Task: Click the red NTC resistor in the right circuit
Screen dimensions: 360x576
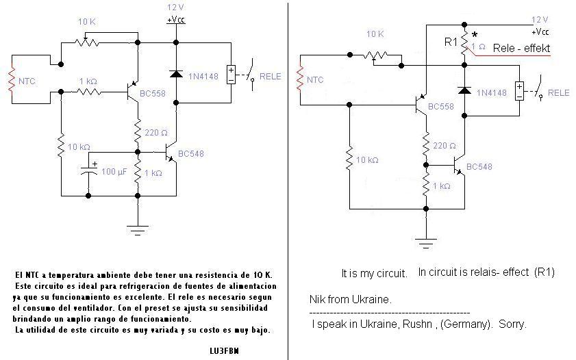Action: pos(299,80)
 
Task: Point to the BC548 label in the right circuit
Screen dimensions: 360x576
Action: pos(479,166)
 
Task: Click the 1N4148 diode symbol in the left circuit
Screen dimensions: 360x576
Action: pos(177,74)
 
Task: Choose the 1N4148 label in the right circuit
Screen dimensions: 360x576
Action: pos(492,92)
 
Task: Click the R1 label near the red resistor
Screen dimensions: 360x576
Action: pos(451,42)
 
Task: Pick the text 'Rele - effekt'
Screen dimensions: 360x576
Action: pos(521,49)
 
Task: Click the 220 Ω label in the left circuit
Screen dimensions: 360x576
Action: pos(156,132)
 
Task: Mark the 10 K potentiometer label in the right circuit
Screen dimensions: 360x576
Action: pos(375,34)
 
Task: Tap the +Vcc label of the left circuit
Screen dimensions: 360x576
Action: pos(176,20)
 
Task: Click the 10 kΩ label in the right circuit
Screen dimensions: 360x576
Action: pos(364,160)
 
